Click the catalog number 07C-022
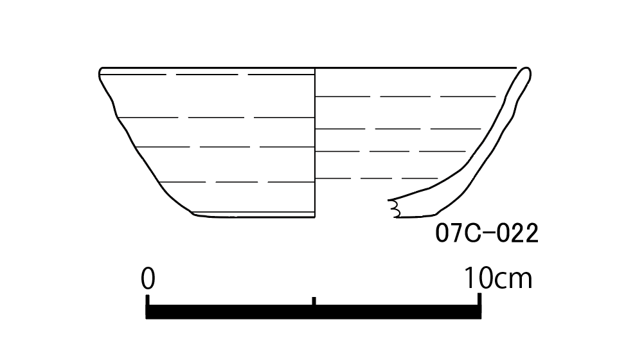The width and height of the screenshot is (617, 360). coord(487,233)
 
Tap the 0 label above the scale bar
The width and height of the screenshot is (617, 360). coord(148,278)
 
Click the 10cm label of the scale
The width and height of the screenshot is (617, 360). coord(498,278)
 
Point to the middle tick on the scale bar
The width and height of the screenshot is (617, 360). coord(314,301)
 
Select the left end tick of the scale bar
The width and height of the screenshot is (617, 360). coord(148,300)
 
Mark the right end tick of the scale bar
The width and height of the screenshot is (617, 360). coord(479,300)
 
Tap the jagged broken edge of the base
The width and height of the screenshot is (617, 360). coord(394,208)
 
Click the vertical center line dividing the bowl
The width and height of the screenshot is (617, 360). coord(315,143)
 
